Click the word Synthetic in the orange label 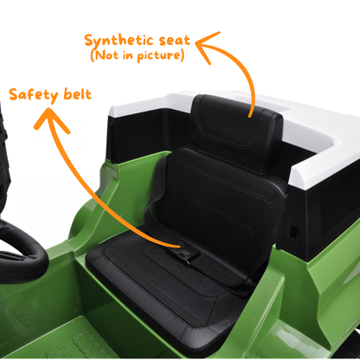(119, 41)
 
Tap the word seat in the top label (175, 40)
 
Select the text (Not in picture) (138, 55)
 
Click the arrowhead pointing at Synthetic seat (205, 46)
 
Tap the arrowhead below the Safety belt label (51, 119)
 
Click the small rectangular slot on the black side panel (293, 232)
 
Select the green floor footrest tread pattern (87, 344)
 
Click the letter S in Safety (14, 95)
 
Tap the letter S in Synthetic (89, 41)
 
